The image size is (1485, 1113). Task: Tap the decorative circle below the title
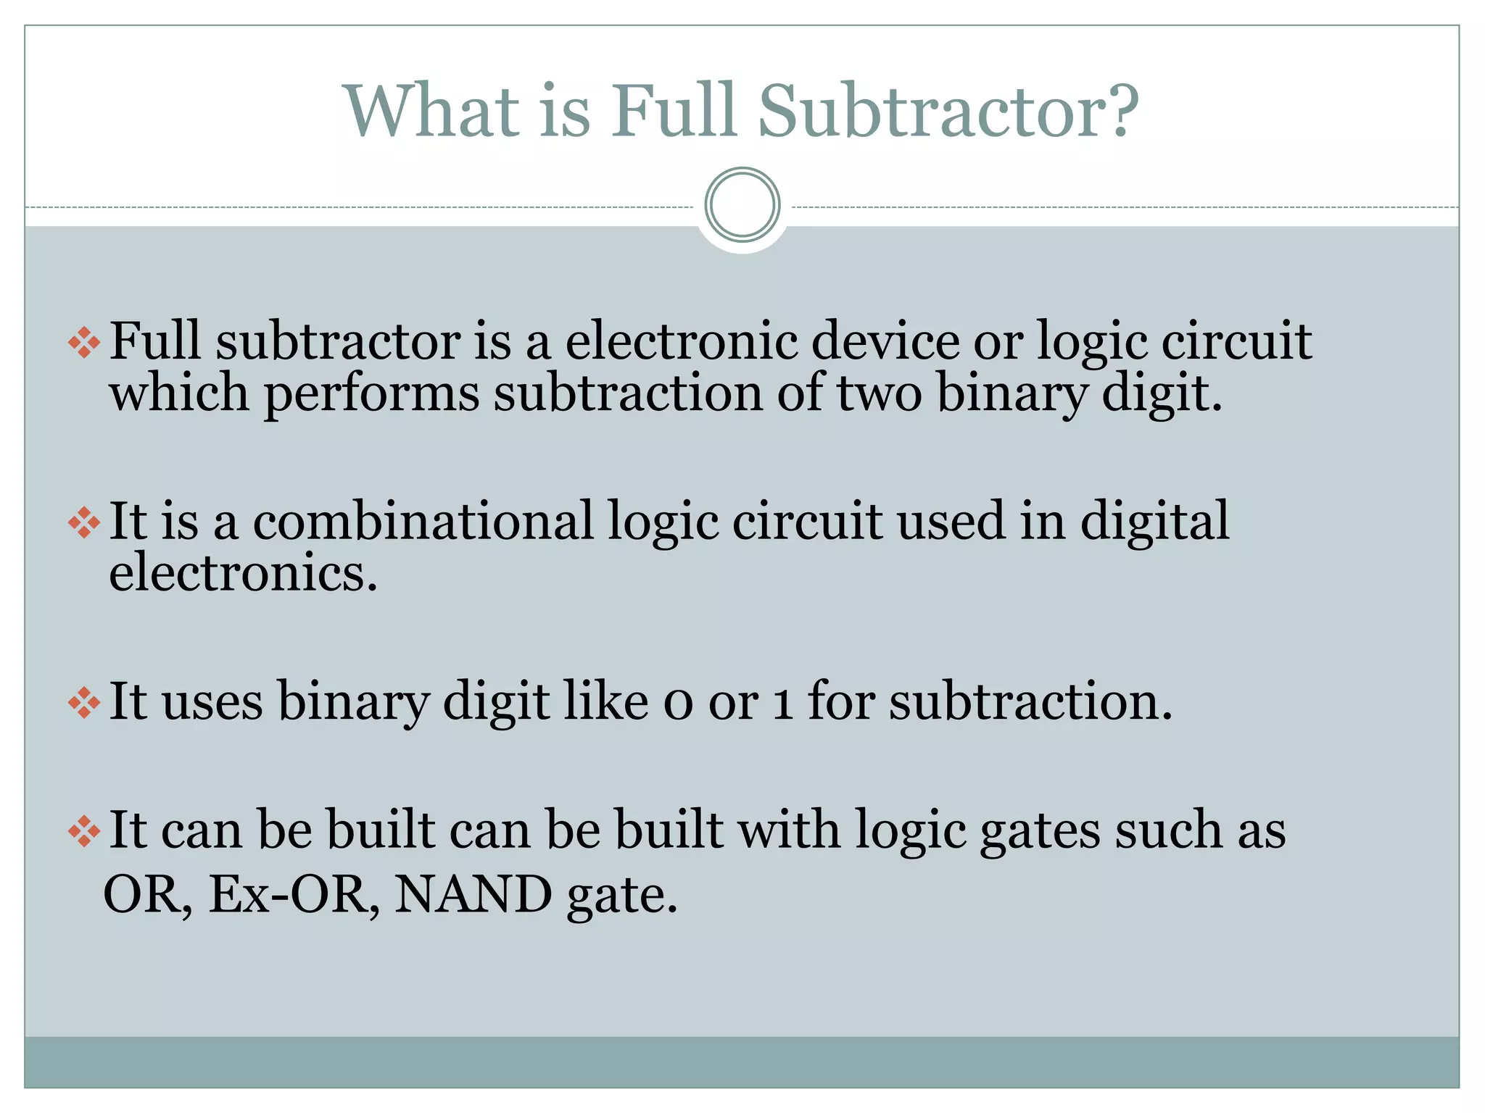742,204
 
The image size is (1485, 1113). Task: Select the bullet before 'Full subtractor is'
84,342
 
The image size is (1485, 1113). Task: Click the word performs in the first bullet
371,393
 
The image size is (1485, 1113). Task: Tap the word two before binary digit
879,393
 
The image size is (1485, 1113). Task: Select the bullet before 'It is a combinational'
84,522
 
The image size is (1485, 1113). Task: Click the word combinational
423,521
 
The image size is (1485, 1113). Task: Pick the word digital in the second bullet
1154,521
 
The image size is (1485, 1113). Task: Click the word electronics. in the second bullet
243,573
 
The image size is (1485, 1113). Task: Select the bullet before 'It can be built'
84,831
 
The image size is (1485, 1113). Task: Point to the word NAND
473,894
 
